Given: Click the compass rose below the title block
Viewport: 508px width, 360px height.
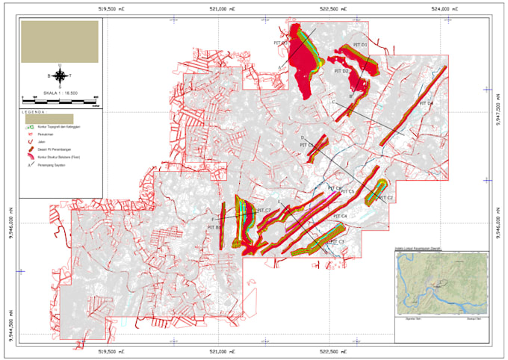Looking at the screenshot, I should (60, 75).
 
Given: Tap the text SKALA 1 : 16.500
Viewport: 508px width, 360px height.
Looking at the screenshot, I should (60, 92).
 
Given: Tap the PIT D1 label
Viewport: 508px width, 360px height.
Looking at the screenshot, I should (362, 46).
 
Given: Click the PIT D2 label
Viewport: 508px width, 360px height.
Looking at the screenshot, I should (341, 72).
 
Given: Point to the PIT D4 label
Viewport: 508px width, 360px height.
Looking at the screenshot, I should (425, 103).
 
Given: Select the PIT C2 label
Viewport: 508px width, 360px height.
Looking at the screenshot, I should (385, 197).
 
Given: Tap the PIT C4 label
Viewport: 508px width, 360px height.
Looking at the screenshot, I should (340, 217).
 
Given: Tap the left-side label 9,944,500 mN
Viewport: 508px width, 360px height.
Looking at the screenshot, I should (10, 321).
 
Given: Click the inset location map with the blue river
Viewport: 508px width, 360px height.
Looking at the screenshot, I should (441, 285).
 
